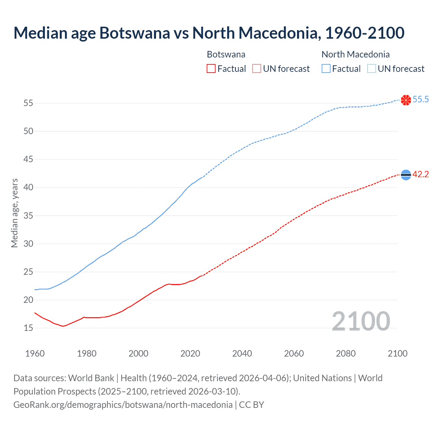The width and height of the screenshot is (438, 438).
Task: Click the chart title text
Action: click(x=209, y=33)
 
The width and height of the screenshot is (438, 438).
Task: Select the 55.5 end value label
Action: click(x=421, y=100)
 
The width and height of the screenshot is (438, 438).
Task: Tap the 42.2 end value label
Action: click(x=421, y=175)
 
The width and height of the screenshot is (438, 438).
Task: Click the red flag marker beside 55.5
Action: click(x=406, y=100)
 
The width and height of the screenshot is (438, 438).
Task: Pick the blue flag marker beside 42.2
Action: click(x=406, y=175)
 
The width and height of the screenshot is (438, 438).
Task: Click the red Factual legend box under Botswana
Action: click(x=211, y=69)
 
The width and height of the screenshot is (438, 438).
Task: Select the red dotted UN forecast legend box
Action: click(x=257, y=69)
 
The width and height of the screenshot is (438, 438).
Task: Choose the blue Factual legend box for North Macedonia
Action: click(x=326, y=69)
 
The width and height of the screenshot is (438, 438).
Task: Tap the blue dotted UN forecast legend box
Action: click(x=372, y=69)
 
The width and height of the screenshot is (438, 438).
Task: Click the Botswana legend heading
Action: click(x=226, y=54)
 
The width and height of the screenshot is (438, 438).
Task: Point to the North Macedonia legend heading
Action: click(x=356, y=54)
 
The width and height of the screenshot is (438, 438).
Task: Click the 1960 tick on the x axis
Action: click(x=35, y=353)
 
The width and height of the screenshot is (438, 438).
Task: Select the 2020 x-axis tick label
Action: click(x=190, y=353)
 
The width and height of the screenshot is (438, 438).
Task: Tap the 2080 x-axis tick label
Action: click(x=346, y=353)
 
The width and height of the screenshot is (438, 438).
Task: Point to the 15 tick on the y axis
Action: click(x=28, y=328)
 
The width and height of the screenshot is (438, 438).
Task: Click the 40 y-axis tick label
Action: click(x=28, y=188)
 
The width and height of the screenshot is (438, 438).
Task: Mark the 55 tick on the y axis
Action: click(x=28, y=103)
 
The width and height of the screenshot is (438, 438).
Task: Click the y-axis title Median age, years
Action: click(x=14, y=213)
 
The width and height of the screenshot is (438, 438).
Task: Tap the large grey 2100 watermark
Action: click(x=361, y=321)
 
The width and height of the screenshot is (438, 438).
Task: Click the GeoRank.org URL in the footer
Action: click(x=123, y=405)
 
